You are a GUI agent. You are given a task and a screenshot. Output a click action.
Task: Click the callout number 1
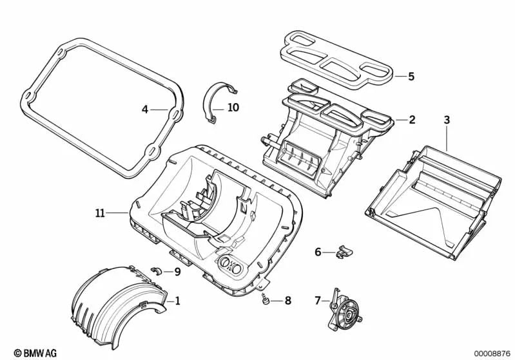(x=177, y=301)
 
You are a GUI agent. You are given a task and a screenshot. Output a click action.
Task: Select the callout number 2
(x=411, y=120)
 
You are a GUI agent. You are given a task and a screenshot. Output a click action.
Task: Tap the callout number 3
(x=447, y=120)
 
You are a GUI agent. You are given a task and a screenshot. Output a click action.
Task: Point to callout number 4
(x=145, y=109)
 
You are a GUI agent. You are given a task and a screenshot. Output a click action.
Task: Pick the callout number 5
(x=411, y=76)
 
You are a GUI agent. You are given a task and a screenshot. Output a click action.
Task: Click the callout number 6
(x=318, y=252)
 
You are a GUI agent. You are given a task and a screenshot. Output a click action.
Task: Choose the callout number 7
(x=317, y=299)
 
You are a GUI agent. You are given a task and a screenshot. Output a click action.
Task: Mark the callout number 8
(x=287, y=300)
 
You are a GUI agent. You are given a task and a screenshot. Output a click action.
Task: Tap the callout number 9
(x=177, y=271)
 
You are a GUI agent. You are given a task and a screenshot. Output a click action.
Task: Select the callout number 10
(x=233, y=108)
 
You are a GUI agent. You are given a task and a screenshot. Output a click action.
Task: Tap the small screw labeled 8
(x=265, y=299)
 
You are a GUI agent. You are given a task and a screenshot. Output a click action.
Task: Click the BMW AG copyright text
(x=24, y=352)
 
